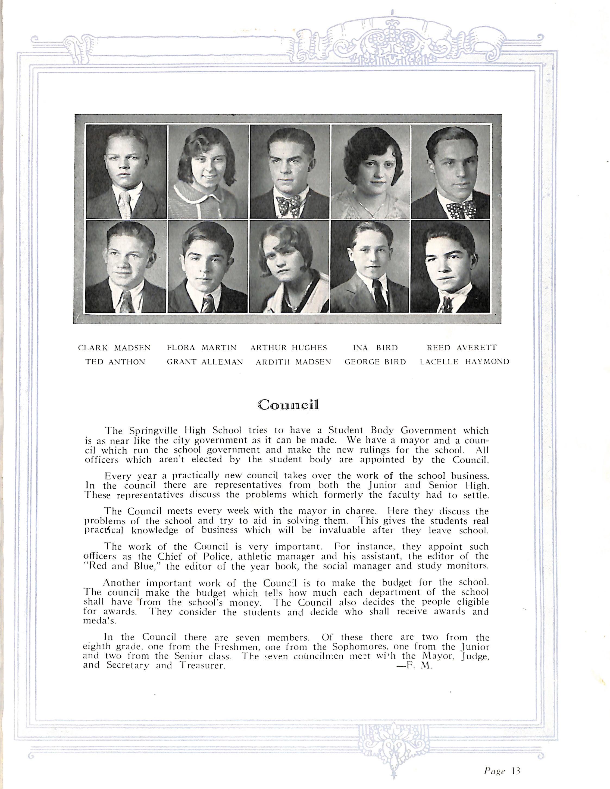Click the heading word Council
point(289,405)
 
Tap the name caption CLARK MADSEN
point(114,348)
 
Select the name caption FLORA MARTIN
point(202,348)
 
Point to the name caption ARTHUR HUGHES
point(289,348)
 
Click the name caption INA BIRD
point(375,348)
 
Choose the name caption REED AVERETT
point(462,348)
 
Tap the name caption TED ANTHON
point(115,362)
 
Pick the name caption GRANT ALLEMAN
point(205,362)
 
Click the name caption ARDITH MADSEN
point(293,362)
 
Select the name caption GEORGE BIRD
point(375,362)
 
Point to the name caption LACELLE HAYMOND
point(464,362)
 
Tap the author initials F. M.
point(419,666)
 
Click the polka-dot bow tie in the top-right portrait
point(461,208)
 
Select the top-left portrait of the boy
point(126,171)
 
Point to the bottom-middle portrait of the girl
point(290,267)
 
